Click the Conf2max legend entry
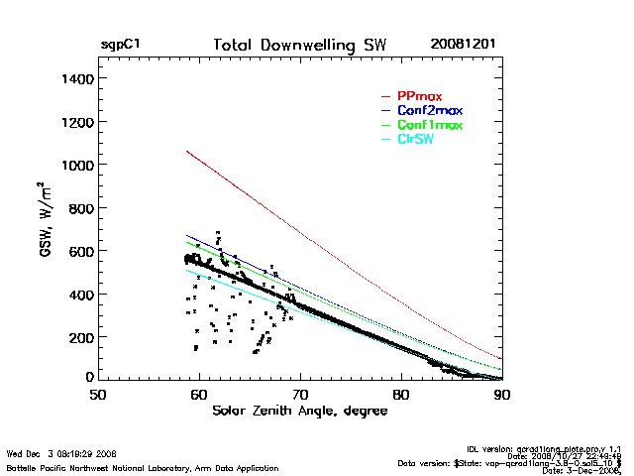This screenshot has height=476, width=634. click(429, 110)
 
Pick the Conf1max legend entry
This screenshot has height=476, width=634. click(429, 125)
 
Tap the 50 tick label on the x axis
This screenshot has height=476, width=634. click(98, 394)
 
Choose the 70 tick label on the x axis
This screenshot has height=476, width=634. click(300, 394)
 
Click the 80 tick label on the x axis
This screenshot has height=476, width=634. click(401, 394)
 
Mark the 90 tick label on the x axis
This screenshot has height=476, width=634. click(502, 394)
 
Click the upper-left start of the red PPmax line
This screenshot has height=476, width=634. click(186, 151)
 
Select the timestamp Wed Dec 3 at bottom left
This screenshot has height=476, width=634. click(61, 454)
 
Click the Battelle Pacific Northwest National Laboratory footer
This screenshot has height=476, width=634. click(143, 467)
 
